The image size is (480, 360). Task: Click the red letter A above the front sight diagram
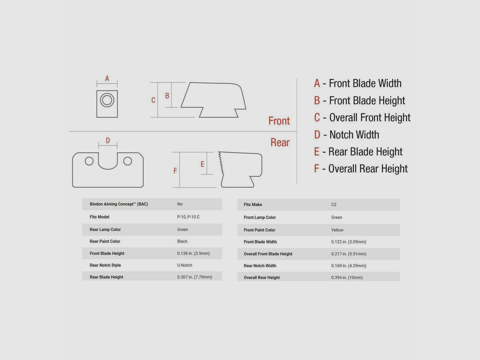click(107, 78)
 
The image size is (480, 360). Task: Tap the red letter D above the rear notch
click(108, 140)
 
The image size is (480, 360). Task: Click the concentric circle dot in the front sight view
click(107, 100)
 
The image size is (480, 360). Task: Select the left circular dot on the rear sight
click(89, 161)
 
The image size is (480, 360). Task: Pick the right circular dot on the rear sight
click(127, 161)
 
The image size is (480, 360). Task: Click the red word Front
click(279, 121)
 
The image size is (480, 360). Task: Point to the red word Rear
click(280, 143)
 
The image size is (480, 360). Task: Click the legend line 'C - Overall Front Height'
click(362, 117)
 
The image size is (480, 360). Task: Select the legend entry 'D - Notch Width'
click(347, 135)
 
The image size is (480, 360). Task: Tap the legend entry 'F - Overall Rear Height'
click(361, 169)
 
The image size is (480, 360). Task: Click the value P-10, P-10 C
click(188, 217)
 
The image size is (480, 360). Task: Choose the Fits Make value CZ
click(334, 204)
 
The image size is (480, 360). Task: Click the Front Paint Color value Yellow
click(337, 230)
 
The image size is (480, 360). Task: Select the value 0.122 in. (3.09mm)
click(349, 242)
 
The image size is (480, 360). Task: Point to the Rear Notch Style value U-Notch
click(185, 265)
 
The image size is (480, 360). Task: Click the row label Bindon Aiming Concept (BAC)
click(119, 204)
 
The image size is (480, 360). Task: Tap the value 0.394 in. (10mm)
click(347, 277)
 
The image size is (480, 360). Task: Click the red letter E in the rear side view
click(202, 164)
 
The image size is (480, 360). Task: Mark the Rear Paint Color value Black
click(182, 241)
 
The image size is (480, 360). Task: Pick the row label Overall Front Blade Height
click(268, 254)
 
